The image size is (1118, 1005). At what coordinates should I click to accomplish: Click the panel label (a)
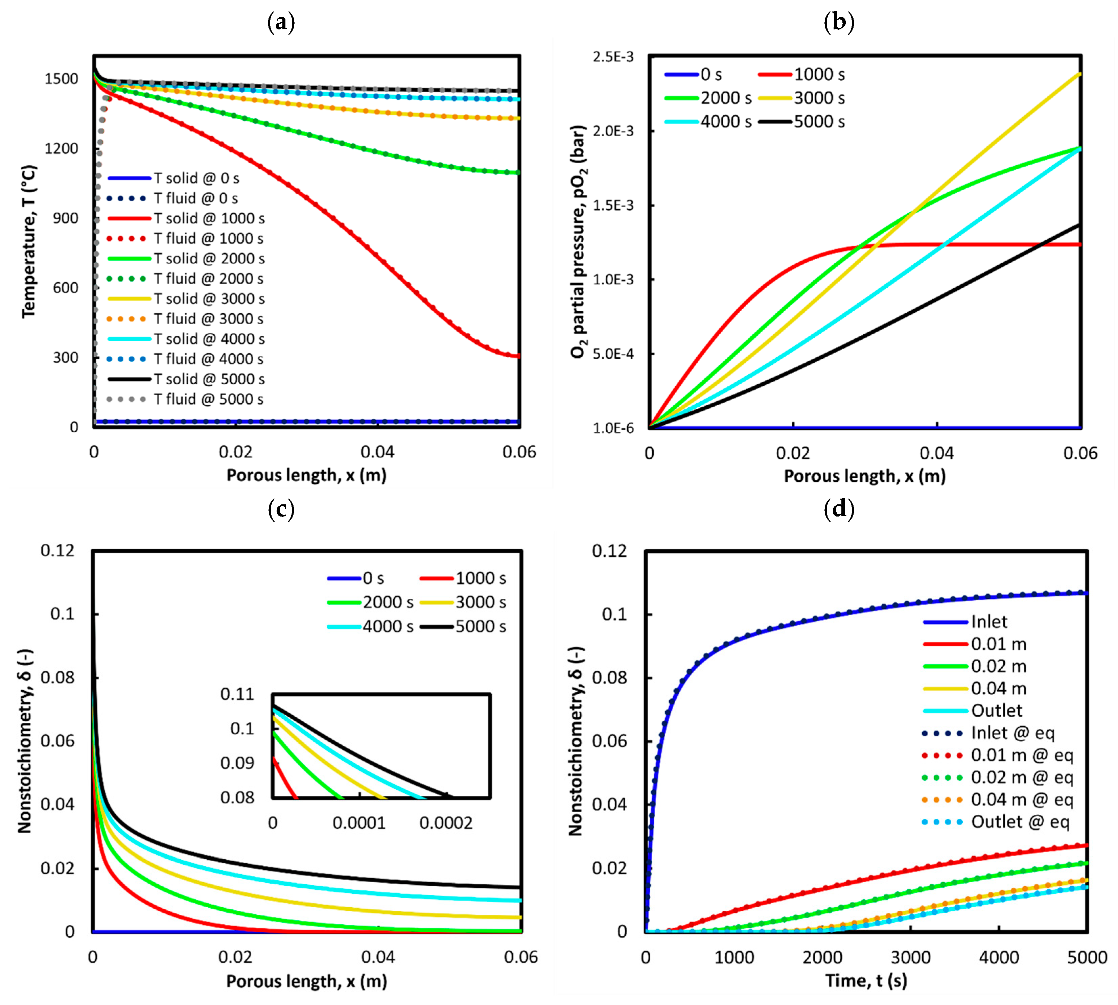click(x=281, y=23)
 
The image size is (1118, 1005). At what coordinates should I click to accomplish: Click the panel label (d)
click(x=839, y=508)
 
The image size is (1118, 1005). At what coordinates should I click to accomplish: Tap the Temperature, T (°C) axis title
click(x=29, y=241)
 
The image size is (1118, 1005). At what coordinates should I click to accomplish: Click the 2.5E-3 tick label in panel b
click(x=613, y=57)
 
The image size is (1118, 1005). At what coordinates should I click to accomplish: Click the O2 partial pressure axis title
click(x=578, y=241)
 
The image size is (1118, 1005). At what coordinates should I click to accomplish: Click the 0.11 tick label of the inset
click(x=237, y=694)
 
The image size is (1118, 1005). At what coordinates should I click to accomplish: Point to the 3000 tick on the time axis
click(x=910, y=958)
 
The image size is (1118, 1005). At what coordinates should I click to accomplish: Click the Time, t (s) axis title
click(x=866, y=981)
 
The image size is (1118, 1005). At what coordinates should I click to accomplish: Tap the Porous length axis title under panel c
click(x=307, y=981)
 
